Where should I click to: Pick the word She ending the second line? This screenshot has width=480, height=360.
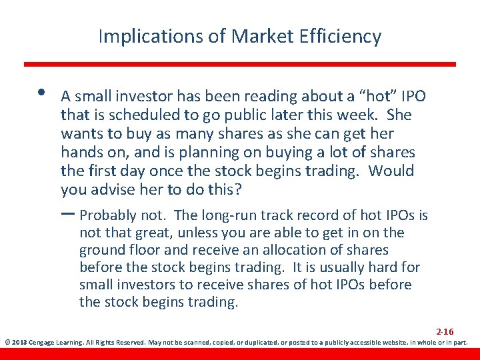399,115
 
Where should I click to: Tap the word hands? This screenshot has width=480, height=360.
80,153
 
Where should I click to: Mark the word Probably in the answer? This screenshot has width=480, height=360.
108,215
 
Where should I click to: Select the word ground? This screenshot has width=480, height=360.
100,250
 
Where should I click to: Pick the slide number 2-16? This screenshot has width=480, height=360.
445,331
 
